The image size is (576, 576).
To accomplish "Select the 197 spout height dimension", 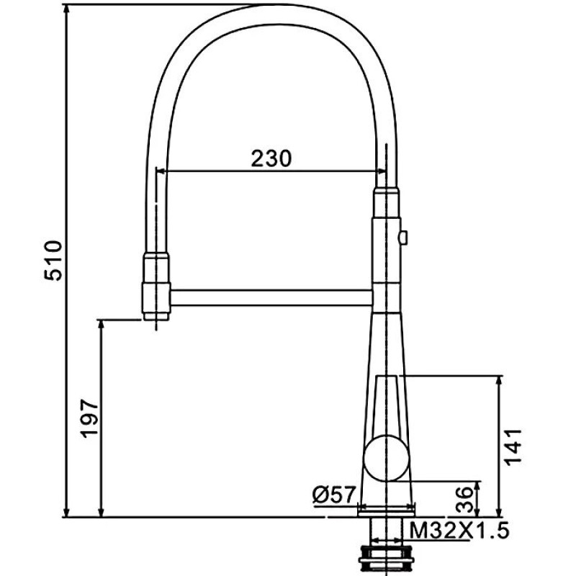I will pyautogui.click(x=89, y=418).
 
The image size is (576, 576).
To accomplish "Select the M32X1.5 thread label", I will pyautogui.click(x=459, y=531).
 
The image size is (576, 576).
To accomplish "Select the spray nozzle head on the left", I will pyautogui.click(x=157, y=287).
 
